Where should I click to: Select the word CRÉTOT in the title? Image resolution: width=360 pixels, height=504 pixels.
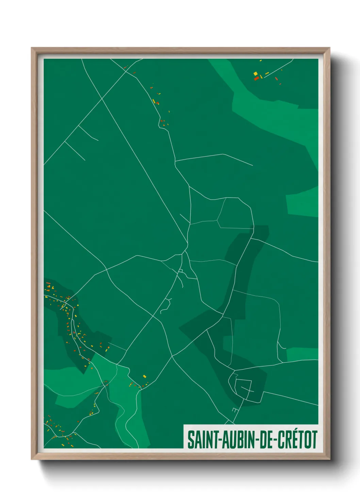click(x=298, y=440)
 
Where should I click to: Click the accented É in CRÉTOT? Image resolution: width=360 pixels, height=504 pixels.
click(x=293, y=439)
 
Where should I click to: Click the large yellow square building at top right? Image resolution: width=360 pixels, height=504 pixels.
click(x=255, y=73)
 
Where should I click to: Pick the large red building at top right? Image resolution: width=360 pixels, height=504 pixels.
click(x=256, y=78)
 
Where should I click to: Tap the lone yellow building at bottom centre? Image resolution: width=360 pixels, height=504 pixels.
click(x=144, y=376)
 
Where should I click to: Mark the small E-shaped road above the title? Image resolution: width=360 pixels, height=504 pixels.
click(x=234, y=410)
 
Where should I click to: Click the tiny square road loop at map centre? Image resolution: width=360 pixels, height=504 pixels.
click(x=181, y=271)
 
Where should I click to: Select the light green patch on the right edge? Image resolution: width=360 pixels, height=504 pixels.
click(x=302, y=205)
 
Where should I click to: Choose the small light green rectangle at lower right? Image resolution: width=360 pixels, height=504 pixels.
click(x=302, y=355)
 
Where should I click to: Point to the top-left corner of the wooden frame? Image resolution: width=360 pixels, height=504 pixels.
click(x=32, y=48)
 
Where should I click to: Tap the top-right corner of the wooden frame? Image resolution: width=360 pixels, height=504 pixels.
click(x=329, y=48)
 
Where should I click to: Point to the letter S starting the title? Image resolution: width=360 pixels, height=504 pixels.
click(x=191, y=440)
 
